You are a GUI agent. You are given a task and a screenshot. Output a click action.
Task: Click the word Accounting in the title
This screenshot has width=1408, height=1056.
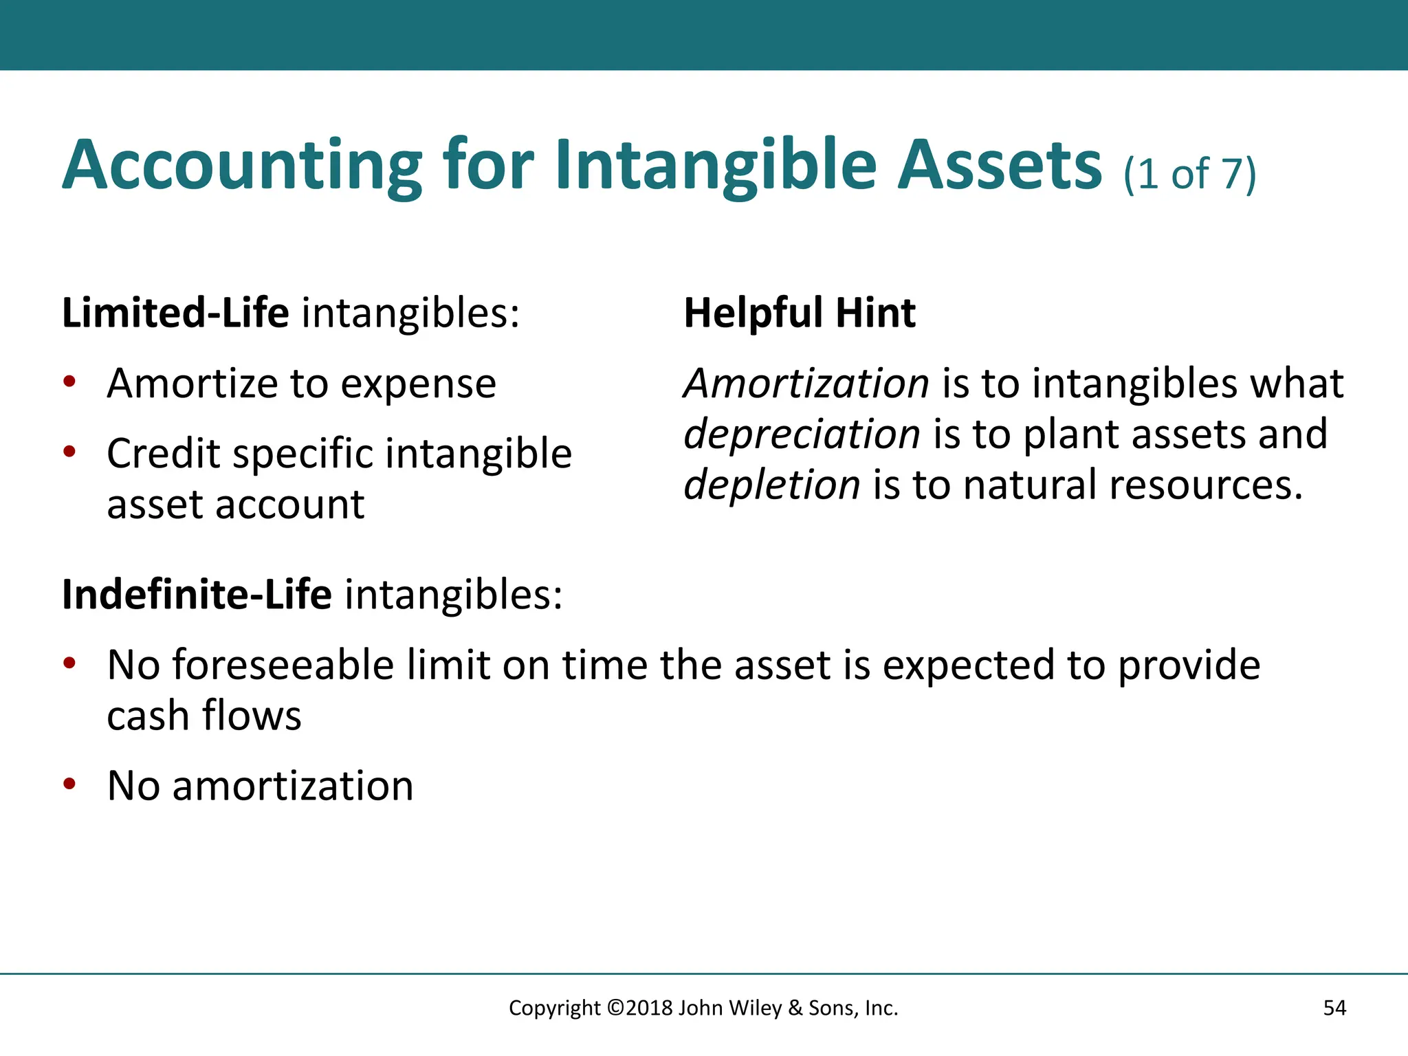(242, 166)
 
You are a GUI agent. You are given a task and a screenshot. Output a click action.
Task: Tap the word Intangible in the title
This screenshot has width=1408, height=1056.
(715, 166)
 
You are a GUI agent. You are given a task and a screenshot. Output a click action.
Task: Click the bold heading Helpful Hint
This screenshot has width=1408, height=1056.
(800, 313)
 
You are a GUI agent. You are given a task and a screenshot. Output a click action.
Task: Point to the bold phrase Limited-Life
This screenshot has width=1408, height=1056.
(175, 313)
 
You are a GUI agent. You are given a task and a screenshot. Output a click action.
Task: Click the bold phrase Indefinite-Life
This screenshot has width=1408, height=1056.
(197, 595)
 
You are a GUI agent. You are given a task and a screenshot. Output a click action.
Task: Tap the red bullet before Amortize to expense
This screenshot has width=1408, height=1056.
(69, 382)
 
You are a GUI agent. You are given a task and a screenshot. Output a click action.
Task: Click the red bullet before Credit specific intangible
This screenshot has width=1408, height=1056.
(69, 452)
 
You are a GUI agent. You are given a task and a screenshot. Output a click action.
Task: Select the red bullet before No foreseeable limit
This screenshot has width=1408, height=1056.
(69, 664)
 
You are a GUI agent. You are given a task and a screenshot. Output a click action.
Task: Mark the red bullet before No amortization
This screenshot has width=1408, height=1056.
(69, 784)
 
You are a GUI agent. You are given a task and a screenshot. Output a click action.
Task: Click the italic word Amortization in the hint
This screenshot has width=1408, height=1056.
(806, 384)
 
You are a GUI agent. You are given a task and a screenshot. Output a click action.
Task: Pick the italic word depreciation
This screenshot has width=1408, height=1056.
(802, 434)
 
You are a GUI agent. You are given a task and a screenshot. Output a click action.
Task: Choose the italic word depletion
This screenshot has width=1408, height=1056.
(772, 485)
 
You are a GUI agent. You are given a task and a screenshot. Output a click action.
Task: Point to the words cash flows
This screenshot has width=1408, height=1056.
(204, 716)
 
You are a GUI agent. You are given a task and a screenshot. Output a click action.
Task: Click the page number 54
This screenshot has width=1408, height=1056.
(1334, 1008)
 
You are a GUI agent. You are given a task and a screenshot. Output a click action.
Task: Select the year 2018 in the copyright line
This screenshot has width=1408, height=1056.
(649, 1008)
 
